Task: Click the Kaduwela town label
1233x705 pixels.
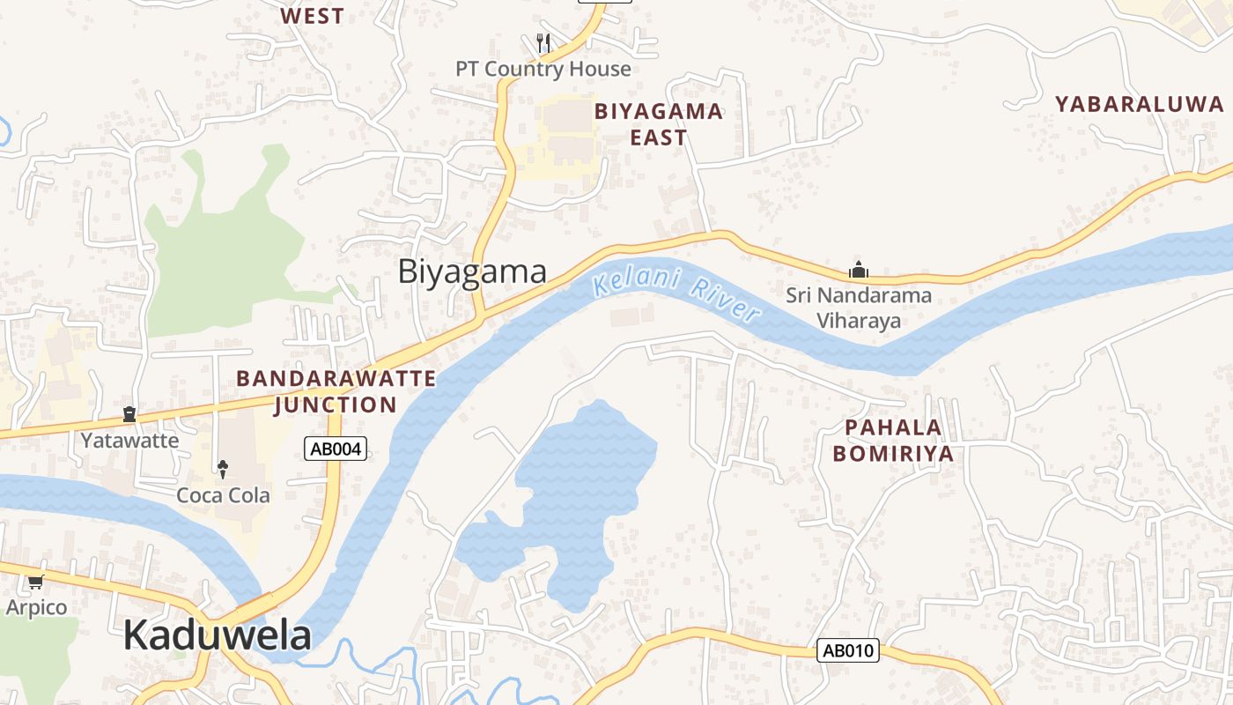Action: [217, 634]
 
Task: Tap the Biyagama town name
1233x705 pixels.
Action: [472, 271]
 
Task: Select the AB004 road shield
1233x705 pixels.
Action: [336, 449]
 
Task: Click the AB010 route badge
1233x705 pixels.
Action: [847, 651]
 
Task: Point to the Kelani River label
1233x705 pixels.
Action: [676, 296]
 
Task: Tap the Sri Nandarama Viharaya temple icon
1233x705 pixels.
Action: [858, 270]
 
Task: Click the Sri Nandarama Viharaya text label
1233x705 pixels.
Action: [859, 308]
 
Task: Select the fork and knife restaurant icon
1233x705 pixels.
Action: [543, 41]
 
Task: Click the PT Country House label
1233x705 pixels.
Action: [543, 69]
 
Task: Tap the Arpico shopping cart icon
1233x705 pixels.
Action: [35, 582]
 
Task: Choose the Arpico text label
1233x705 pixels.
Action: [36, 607]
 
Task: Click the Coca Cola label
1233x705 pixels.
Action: [224, 495]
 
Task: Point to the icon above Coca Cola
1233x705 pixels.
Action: [223, 467]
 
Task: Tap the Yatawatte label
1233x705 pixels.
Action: [129, 441]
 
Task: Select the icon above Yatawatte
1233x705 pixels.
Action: [129, 413]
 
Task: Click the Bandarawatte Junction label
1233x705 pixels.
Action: [336, 391]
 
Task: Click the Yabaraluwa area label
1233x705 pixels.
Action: [1140, 104]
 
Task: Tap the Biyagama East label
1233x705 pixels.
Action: [659, 124]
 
